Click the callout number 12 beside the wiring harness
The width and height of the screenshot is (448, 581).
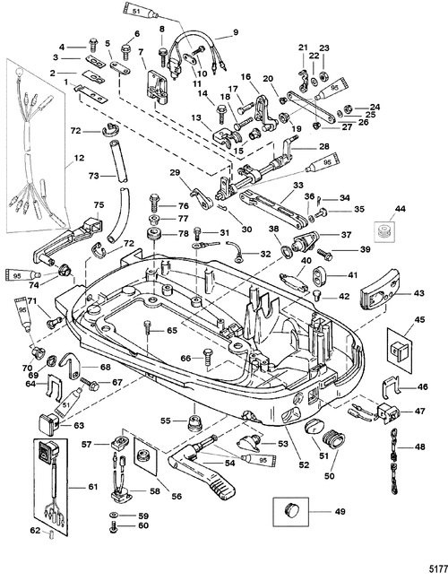(x=79, y=158)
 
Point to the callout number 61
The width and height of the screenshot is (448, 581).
(x=92, y=487)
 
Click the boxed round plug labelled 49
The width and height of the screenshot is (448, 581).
(x=291, y=511)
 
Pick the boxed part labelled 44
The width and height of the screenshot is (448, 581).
(x=384, y=232)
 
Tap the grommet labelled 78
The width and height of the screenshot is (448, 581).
(x=153, y=236)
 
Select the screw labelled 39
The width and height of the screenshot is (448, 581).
(x=323, y=254)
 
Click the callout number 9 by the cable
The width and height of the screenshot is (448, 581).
(x=236, y=32)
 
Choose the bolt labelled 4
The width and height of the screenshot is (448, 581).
(x=92, y=46)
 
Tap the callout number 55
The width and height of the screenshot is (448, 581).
(x=166, y=421)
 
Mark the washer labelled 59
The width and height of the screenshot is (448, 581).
(x=114, y=516)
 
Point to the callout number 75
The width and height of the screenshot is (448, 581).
(x=99, y=204)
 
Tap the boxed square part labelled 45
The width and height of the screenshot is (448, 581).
(x=400, y=351)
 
